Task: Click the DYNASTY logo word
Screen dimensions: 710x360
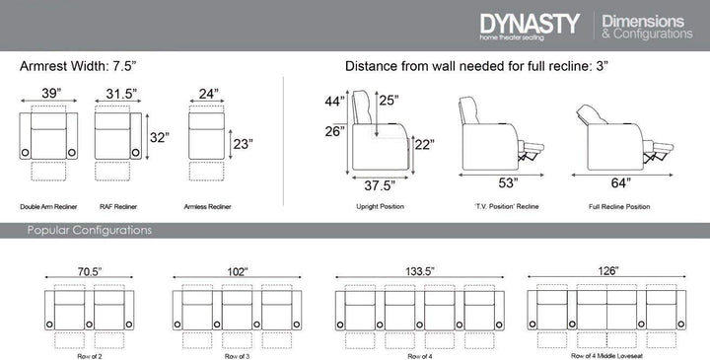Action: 530,23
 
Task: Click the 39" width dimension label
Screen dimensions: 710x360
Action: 51,93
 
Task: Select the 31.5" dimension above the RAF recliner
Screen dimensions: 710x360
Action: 121,94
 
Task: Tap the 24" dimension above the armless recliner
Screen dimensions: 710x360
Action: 209,94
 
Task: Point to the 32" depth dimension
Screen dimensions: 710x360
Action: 160,137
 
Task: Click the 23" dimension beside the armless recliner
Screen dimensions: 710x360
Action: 243,144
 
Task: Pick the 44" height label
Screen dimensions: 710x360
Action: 334,102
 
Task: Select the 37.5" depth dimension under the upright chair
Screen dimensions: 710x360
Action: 380,185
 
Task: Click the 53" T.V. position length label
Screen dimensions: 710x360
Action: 508,182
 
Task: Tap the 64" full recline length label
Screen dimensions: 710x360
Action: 620,182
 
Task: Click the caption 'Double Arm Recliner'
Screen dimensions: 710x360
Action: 48,206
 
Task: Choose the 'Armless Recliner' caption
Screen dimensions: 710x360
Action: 207,206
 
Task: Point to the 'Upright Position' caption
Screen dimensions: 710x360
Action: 380,206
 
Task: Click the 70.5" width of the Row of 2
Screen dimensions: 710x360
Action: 89,271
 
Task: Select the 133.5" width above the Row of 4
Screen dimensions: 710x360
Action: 419,271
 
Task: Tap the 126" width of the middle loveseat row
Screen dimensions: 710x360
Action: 606,271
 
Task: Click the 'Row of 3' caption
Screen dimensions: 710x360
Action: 237,356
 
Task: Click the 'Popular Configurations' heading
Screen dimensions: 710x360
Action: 89,230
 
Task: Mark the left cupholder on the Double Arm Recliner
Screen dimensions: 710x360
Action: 26,152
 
